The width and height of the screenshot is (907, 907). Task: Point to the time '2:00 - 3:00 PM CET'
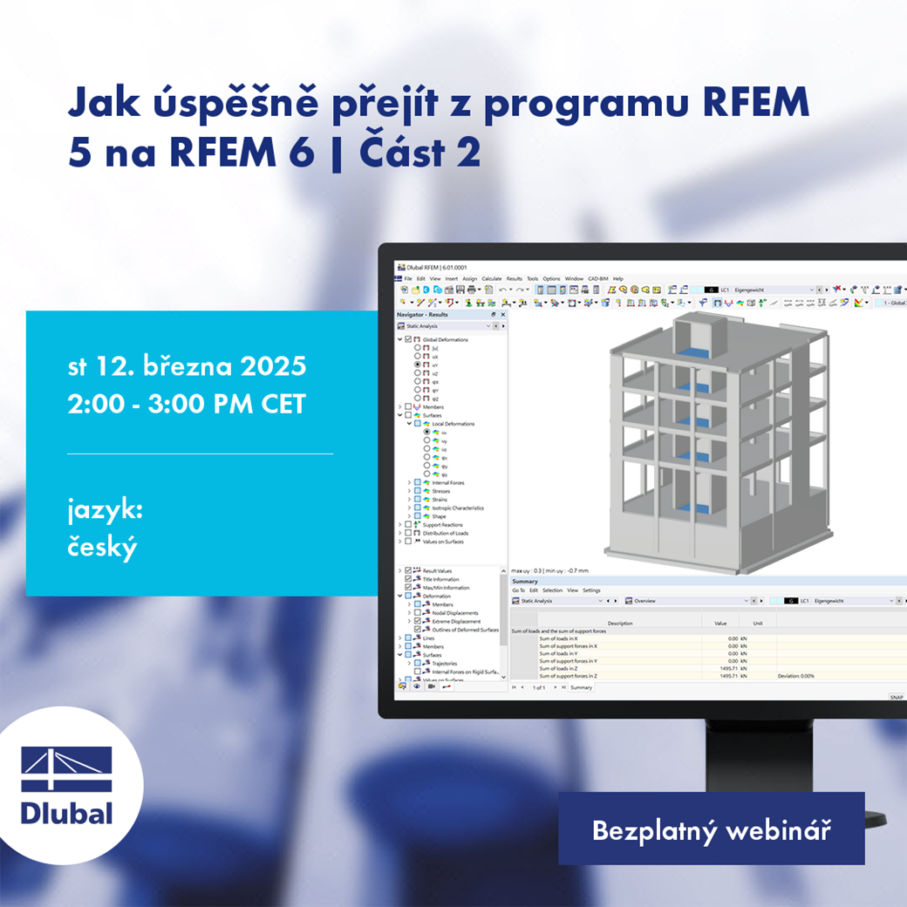pos(186,405)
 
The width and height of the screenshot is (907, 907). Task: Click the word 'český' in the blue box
pos(103,548)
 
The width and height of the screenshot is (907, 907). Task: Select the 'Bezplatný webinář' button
pos(711,829)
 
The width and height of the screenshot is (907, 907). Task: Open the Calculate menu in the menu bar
pos(492,279)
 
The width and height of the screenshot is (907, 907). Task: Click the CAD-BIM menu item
pos(598,279)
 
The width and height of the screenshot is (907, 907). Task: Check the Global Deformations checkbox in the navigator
pos(407,339)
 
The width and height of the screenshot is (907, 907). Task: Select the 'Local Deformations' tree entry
pos(453,424)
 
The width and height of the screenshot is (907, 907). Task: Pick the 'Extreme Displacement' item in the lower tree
pos(456,621)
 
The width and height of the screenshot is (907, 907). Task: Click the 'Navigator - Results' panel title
pos(422,314)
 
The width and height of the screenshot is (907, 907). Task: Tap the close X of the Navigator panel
pos(502,314)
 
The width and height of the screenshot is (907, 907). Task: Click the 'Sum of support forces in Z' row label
pos(568,676)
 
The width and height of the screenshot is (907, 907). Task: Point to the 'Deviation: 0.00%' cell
pos(795,676)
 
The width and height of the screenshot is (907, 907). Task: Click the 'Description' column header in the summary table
pos(620,624)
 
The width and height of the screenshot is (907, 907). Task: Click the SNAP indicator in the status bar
pos(896,698)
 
